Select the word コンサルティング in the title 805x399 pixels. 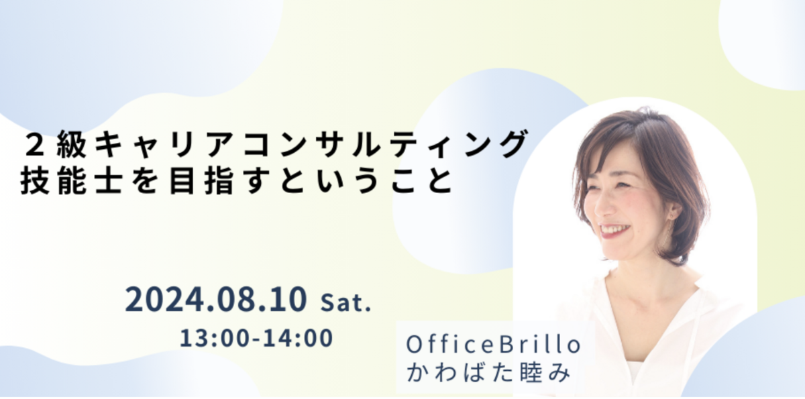tap(384, 144)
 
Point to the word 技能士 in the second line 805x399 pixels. tap(70, 180)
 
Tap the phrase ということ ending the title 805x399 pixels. tap(366, 181)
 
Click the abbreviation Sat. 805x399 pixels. tap(345, 302)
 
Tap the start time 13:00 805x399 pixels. tap(215, 338)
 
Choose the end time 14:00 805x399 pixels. tap(298, 338)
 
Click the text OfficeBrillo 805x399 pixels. tap(494, 345)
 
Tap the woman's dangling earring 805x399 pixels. tap(671, 230)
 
